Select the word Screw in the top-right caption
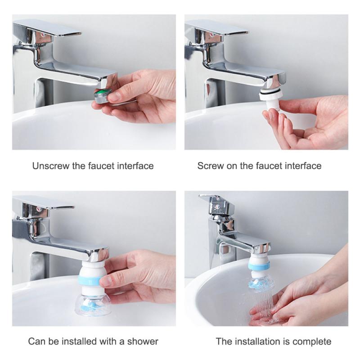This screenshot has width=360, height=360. [210, 166]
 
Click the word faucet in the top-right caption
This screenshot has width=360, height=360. [270, 166]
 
